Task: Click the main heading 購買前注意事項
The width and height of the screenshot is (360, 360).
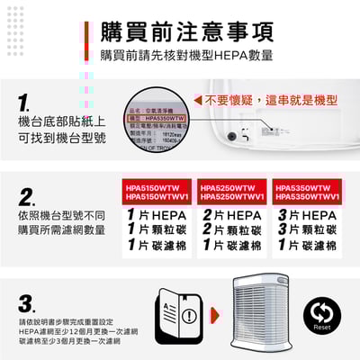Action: [x=187, y=31]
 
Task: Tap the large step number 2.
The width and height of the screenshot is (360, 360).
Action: [x=27, y=197]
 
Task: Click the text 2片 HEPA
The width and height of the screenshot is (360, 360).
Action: [x=231, y=216]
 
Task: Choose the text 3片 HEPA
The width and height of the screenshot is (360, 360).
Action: [x=307, y=216]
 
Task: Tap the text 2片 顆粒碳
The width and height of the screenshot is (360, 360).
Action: [x=231, y=230]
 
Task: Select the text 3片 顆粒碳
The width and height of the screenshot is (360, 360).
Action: [x=307, y=230]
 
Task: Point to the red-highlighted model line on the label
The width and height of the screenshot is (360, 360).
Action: [x=162, y=118]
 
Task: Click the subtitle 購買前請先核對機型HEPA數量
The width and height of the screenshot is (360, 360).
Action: [x=186, y=56]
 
